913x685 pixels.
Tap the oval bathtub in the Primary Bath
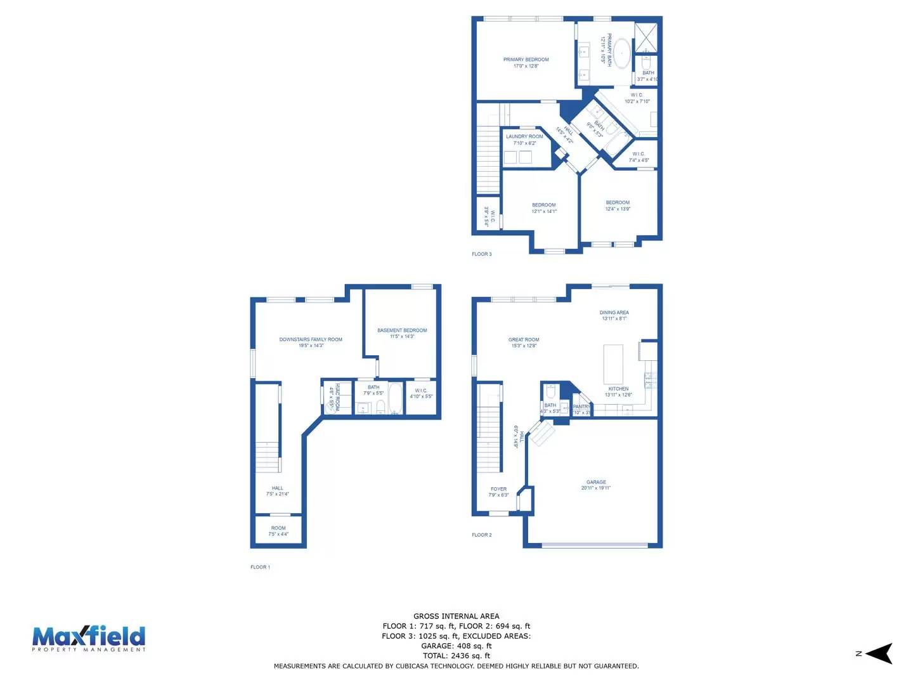622,54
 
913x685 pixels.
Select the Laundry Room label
524,136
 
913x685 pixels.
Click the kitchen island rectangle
613,364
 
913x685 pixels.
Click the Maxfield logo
89,638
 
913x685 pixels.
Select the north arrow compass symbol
878,653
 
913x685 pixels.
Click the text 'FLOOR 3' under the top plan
481,254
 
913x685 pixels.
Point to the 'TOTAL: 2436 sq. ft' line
456,656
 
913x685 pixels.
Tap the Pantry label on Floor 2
581,407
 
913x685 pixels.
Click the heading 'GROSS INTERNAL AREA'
456,616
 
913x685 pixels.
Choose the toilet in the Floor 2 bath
550,391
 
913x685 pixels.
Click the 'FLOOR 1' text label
260,567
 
